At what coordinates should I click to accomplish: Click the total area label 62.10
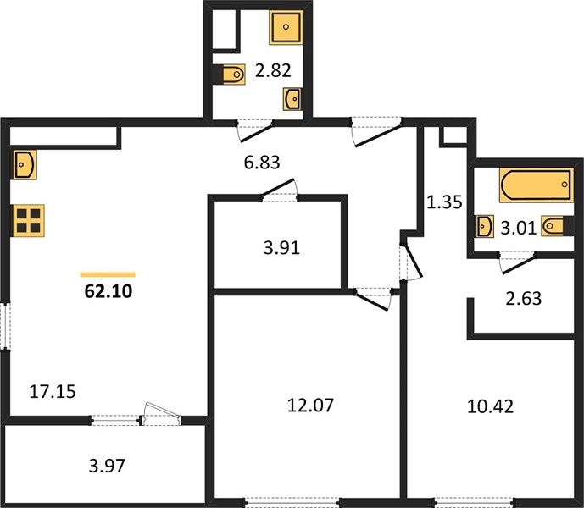click(x=108, y=291)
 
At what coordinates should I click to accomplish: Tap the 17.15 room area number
click(x=53, y=392)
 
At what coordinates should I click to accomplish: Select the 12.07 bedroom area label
click(x=310, y=406)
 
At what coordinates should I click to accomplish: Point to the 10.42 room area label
click(x=490, y=406)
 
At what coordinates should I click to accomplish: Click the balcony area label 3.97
click(x=107, y=466)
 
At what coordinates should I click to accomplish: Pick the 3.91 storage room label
click(x=281, y=248)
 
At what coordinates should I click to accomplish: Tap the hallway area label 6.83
click(x=262, y=163)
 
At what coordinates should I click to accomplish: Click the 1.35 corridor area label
click(x=444, y=202)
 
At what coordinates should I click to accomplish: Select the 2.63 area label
click(x=524, y=299)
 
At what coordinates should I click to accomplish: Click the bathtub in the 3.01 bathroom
click(x=537, y=185)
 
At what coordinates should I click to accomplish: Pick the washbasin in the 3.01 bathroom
click(x=485, y=226)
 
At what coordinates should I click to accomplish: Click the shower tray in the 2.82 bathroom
click(x=286, y=27)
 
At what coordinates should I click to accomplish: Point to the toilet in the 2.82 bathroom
click(x=231, y=75)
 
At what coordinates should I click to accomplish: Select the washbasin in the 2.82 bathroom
click(x=292, y=99)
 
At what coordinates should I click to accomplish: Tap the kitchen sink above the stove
click(x=24, y=164)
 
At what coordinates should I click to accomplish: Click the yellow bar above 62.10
click(x=108, y=274)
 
